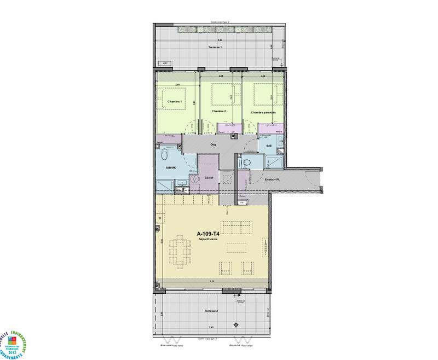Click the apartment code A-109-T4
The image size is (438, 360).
click(208, 233)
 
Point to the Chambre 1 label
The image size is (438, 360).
click(175, 102)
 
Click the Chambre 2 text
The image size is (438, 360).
click(220, 111)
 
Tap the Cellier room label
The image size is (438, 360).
click(209, 178)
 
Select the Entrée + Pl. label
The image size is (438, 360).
click(273, 179)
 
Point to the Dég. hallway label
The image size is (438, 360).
click(214, 144)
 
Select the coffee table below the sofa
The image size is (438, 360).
click(237, 247)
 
